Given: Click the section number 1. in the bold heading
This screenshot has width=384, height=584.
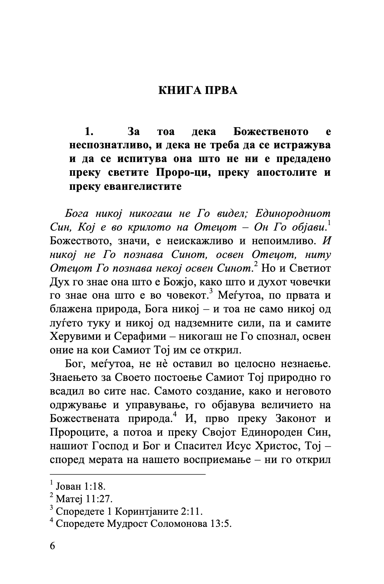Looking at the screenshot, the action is [89, 132].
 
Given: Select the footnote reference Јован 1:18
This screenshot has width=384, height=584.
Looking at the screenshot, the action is [81, 487].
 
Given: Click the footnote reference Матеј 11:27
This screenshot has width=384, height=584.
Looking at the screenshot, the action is [84, 499].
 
